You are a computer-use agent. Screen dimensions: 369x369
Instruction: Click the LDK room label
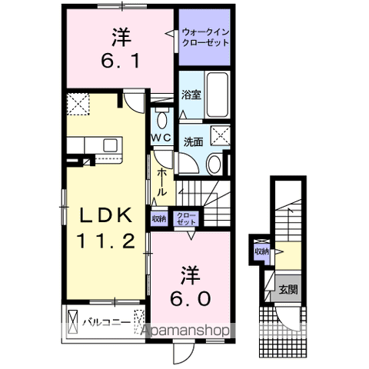point(105,215)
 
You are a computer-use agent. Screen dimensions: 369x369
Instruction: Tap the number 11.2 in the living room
point(105,241)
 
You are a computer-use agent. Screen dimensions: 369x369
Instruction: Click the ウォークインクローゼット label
point(204,38)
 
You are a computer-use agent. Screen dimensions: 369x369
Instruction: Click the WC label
point(161,137)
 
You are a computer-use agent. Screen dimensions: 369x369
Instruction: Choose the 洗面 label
point(192,141)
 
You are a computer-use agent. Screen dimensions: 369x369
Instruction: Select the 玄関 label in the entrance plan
point(288,290)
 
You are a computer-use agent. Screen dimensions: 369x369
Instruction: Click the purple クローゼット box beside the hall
point(185,219)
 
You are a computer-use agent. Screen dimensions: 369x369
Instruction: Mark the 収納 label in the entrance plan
point(262,251)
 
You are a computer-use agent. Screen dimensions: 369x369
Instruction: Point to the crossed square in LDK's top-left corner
point(78,102)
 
